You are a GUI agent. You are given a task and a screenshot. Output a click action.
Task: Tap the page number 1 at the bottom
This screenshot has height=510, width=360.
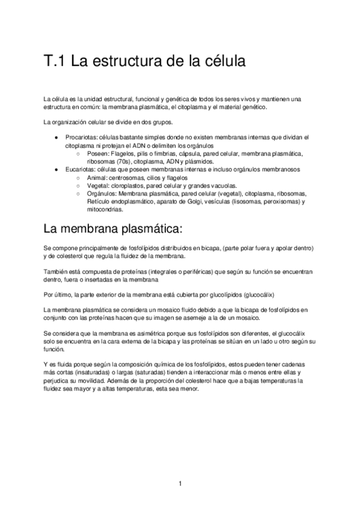180,483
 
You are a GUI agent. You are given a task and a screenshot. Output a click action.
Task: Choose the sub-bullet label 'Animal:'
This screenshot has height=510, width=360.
99,178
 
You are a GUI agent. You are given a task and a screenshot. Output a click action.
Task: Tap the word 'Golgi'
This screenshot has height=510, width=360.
191,202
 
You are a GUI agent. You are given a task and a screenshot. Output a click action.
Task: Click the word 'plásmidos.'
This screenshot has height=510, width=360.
212,162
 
